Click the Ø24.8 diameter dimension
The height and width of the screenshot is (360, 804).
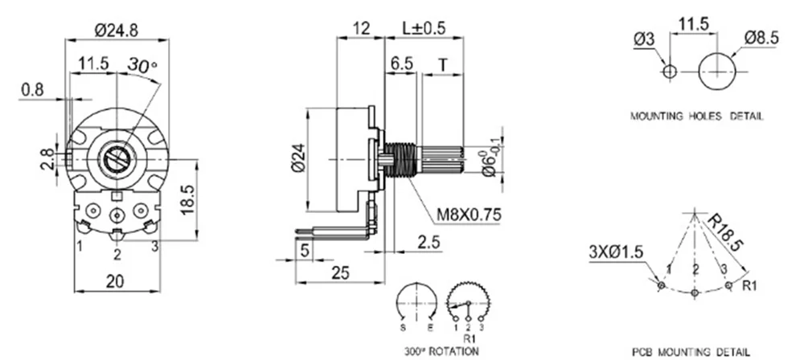(x=118, y=31)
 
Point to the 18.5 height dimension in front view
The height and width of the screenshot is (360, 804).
(x=186, y=196)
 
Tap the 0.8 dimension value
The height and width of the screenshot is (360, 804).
(x=33, y=90)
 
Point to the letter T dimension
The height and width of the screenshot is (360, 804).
(x=442, y=63)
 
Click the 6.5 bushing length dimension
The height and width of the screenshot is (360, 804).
(x=402, y=63)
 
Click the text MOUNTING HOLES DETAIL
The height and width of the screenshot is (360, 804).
(x=696, y=115)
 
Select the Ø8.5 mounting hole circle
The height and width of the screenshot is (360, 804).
(x=718, y=71)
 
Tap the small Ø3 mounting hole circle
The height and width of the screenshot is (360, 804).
(x=669, y=72)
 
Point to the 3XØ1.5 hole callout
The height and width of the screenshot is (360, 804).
(x=616, y=252)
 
